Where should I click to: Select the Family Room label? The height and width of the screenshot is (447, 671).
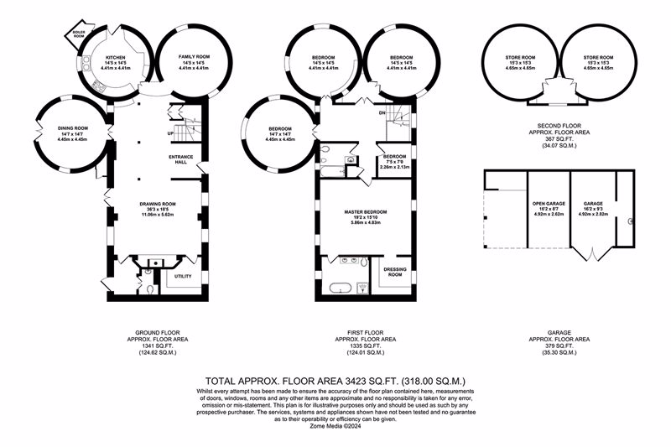coord(194,56)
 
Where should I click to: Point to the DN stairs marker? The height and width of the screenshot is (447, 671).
coord(382,112)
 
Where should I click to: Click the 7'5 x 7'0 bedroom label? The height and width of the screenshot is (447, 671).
coord(394,162)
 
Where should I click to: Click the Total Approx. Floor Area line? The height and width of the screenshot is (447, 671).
coord(335,380)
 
